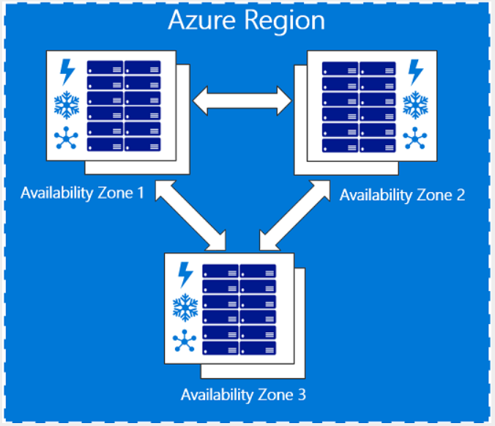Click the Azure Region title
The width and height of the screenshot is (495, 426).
pyautogui.click(x=247, y=21)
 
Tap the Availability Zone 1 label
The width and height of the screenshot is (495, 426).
pyautogui.click(x=82, y=194)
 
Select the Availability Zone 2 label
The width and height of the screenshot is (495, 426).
pyautogui.click(x=402, y=195)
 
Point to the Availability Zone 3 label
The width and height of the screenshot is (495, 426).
pyautogui.click(x=243, y=395)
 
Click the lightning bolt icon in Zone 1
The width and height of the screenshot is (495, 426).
pyautogui.click(x=67, y=72)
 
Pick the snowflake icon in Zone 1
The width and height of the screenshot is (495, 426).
pyautogui.click(x=67, y=106)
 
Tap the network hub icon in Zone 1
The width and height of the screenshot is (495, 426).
pyautogui.click(x=66, y=138)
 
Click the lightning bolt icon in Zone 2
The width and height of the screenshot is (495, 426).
pyautogui.click(x=415, y=73)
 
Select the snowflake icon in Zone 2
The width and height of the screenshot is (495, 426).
pyautogui.click(x=415, y=106)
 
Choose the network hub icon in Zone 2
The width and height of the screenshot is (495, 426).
pyautogui.click(x=415, y=138)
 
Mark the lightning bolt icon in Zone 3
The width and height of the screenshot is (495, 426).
pyautogui.click(x=186, y=275)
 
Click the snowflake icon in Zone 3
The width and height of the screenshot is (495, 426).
pyautogui.click(x=185, y=307)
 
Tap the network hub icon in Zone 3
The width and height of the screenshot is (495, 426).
pyautogui.click(x=185, y=340)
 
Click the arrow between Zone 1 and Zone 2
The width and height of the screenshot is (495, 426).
pyautogui.click(x=242, y=100)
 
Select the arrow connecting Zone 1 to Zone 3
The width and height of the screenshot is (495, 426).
pyautogui.click(x=190, y=216)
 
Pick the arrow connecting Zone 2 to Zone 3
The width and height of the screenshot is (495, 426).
pyautogui.click(x=294, y=216)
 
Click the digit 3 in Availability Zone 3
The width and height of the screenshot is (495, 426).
pyautogui.click(x=302, y=394)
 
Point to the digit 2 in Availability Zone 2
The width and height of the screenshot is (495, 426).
pyautogui.click(x=461, y=195)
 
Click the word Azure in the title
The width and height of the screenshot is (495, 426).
pyautogui.click(x=202, y=21)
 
